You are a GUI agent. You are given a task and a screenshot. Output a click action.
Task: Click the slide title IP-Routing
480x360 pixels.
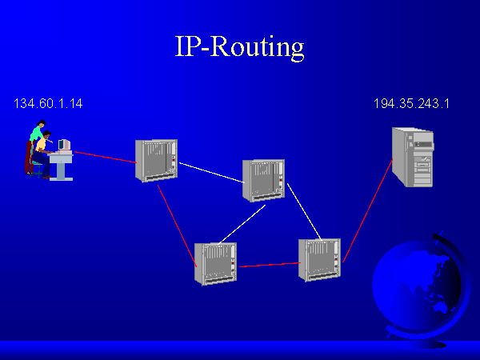[239, 46]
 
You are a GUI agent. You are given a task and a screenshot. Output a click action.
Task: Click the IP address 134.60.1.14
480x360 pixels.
[48, 103]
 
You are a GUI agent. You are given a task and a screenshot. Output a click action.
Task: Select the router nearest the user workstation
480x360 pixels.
[155, 159]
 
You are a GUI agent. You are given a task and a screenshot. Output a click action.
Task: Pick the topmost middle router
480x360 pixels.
[262, 180]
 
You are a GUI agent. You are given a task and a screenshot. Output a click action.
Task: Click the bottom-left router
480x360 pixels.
[214, 262]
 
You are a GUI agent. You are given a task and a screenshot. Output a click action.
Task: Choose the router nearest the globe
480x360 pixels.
[318, 259]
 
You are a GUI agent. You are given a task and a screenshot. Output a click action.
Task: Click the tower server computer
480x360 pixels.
[413, 157]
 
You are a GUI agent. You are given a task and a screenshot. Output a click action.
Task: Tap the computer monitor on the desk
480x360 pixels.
[64, 145]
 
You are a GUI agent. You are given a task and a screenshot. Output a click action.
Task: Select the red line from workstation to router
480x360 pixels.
[104, 155]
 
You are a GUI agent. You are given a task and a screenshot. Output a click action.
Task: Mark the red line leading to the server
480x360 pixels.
[367, 210]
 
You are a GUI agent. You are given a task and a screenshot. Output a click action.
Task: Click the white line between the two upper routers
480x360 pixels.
[210, 172]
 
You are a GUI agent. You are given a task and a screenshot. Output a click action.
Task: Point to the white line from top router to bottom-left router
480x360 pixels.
[242, 223]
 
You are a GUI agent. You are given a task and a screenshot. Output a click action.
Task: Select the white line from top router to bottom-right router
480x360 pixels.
[304, 211]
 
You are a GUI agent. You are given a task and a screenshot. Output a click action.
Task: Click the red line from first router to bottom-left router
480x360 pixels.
[177, 220]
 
